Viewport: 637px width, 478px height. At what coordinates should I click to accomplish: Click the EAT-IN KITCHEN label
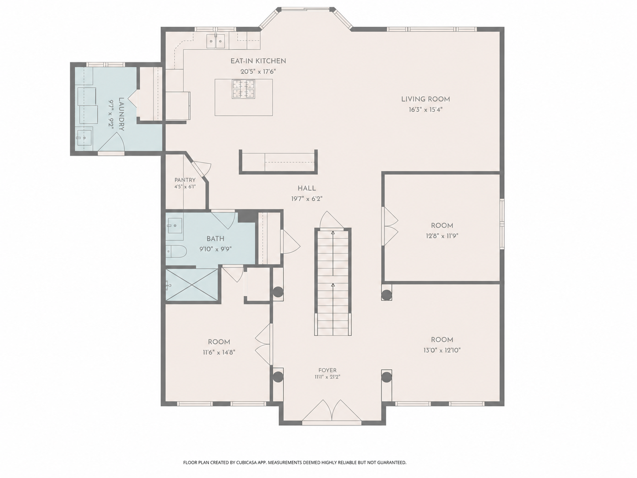pos(258,61)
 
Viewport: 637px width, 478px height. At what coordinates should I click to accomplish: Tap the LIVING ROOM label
pos(425,99)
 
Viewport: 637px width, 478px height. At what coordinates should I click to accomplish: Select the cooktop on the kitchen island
pos(243,89)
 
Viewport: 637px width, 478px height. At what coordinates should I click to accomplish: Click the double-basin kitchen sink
pos(216,41)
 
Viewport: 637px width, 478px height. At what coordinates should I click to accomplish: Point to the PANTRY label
pos(185,180)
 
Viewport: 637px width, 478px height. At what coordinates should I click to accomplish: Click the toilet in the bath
pos(176,251)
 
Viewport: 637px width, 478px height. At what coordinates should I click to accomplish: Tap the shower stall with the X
pos(191,285)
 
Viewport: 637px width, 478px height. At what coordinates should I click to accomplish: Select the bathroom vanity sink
pos(174,225)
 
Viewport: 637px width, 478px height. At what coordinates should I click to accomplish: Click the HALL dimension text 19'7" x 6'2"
pos(307,199)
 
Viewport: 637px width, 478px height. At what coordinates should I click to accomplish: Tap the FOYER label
pos(327,370)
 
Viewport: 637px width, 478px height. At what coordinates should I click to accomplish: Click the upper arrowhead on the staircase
pos(333,233)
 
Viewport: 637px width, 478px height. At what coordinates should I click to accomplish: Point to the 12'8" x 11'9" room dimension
pos(442,236)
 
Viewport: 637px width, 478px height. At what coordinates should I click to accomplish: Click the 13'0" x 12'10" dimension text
pos(442,350)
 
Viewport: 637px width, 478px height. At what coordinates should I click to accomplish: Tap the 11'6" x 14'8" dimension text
pos(219,353)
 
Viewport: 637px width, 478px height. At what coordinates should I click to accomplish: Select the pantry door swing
pos(202,167)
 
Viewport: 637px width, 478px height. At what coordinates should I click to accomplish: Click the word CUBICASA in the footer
pos(247,463)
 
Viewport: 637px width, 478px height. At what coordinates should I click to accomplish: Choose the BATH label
pos(215,239)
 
